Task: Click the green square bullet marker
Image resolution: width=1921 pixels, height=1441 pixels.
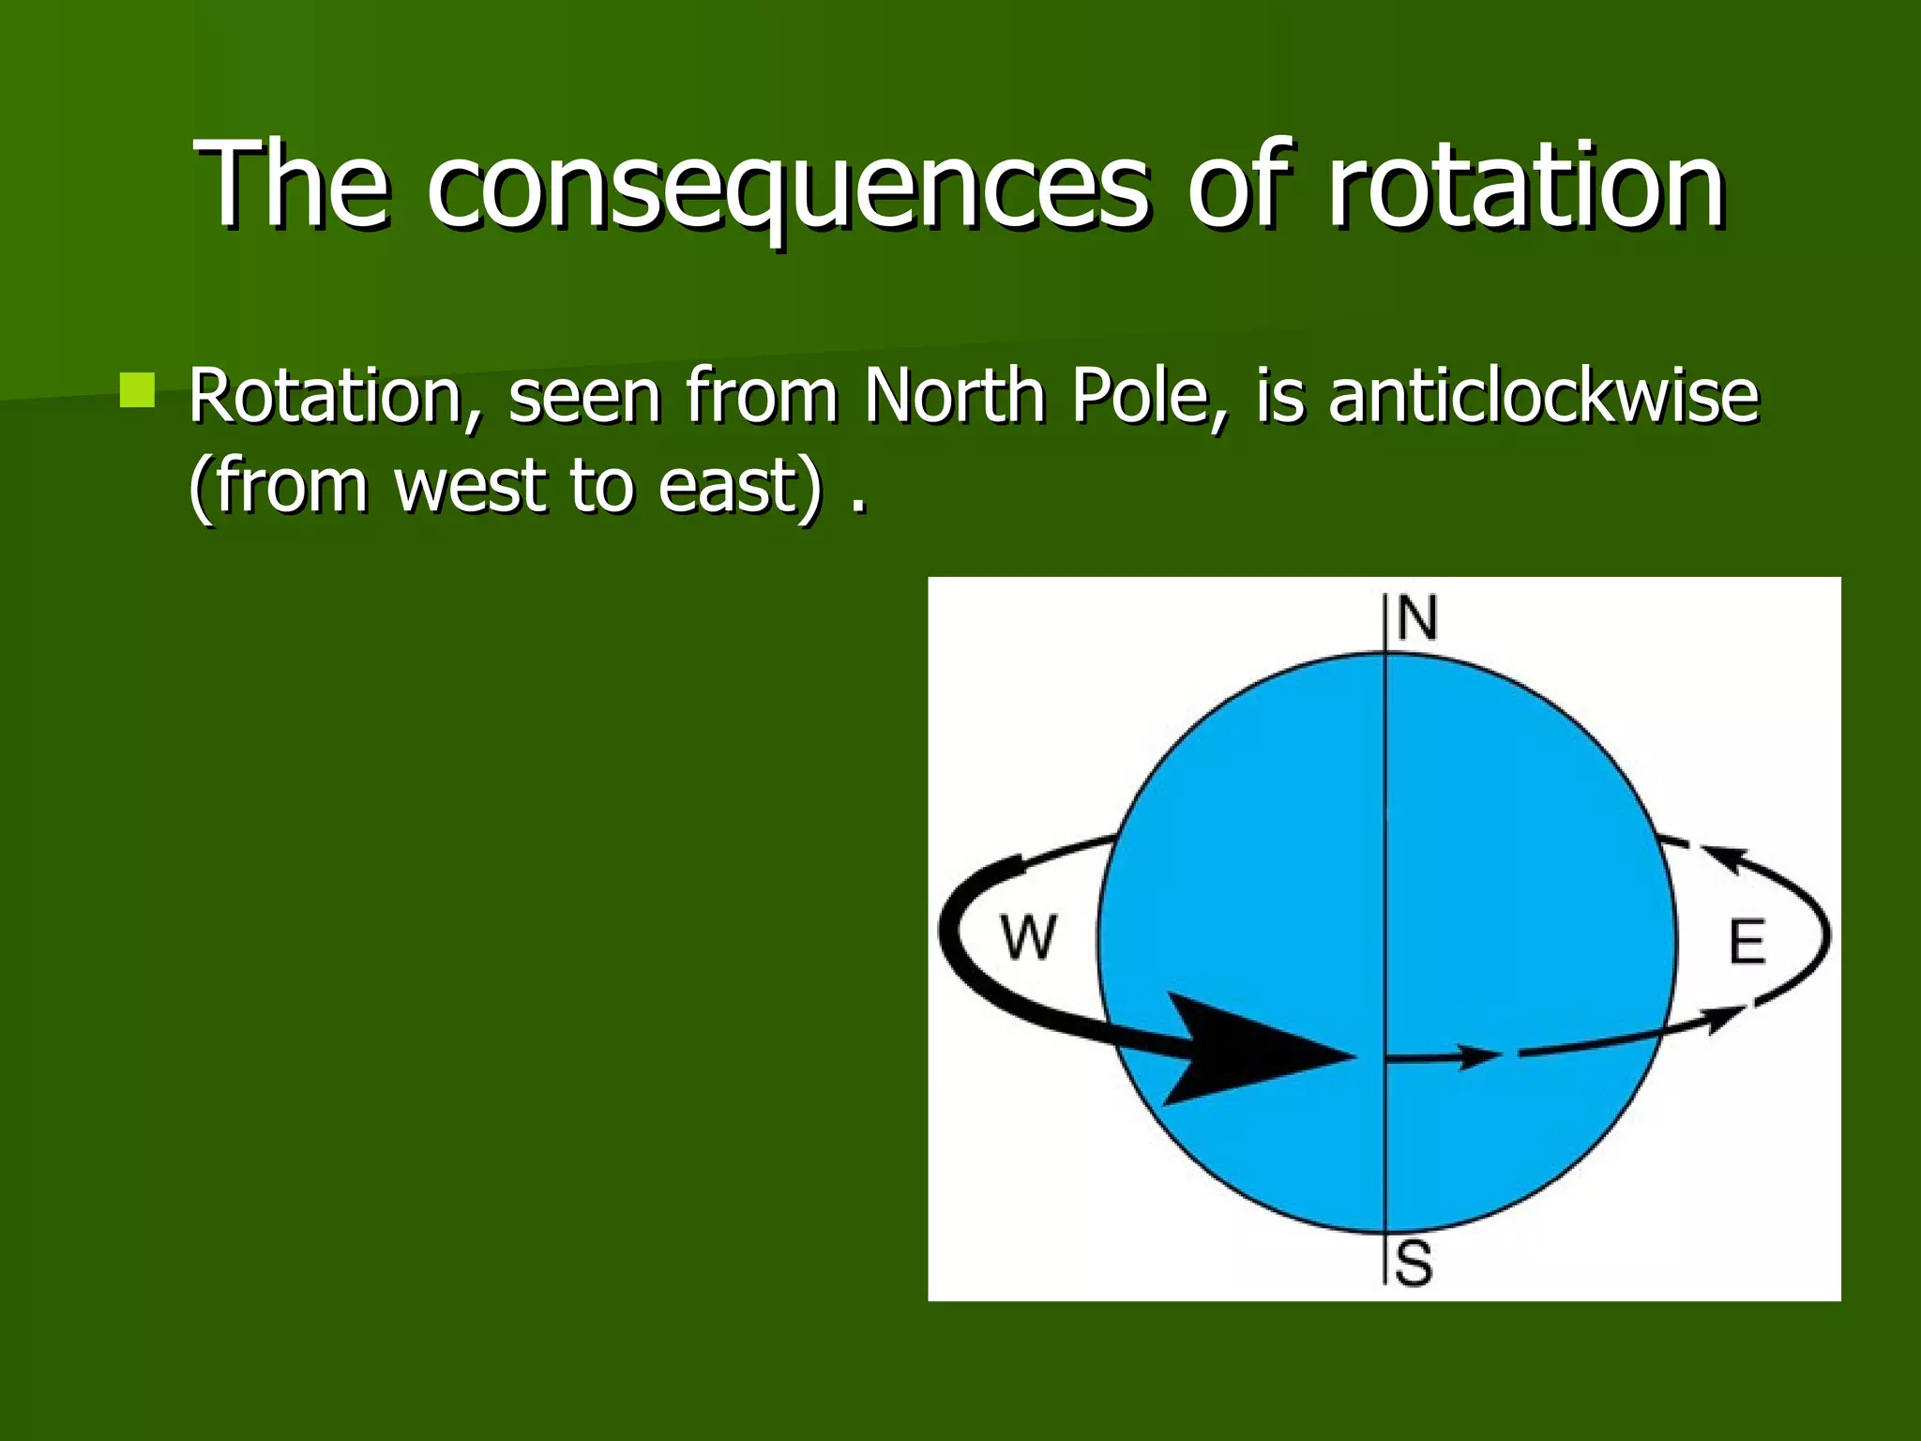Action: (x=137, y=389)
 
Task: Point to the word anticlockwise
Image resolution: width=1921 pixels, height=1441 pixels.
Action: (x=1543, y=396)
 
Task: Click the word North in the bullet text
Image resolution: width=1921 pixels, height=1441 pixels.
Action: (x=955, y=396)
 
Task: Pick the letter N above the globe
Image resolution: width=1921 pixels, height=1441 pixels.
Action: (x=1416, y=618)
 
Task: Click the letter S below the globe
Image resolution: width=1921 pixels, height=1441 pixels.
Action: (x=1414, y=1264)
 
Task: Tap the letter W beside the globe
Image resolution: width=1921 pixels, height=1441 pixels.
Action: (x=1029, y=936)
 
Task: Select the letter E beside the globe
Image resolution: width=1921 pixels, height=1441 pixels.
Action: (x=1746, y=942)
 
